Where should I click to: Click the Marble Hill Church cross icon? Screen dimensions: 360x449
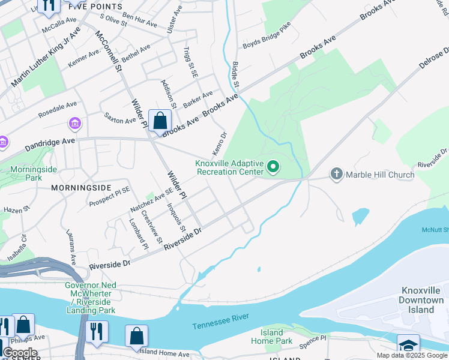point(337,175)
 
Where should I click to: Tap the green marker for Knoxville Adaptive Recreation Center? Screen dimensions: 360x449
point(273,166)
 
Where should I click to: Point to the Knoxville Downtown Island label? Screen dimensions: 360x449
point(422,300)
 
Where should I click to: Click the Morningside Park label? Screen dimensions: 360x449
point(34,173)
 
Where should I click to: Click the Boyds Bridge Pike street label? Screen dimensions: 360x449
point(266,36)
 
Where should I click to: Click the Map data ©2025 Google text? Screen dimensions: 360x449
point(411,355)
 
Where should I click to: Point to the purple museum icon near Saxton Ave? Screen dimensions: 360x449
point(75,124)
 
